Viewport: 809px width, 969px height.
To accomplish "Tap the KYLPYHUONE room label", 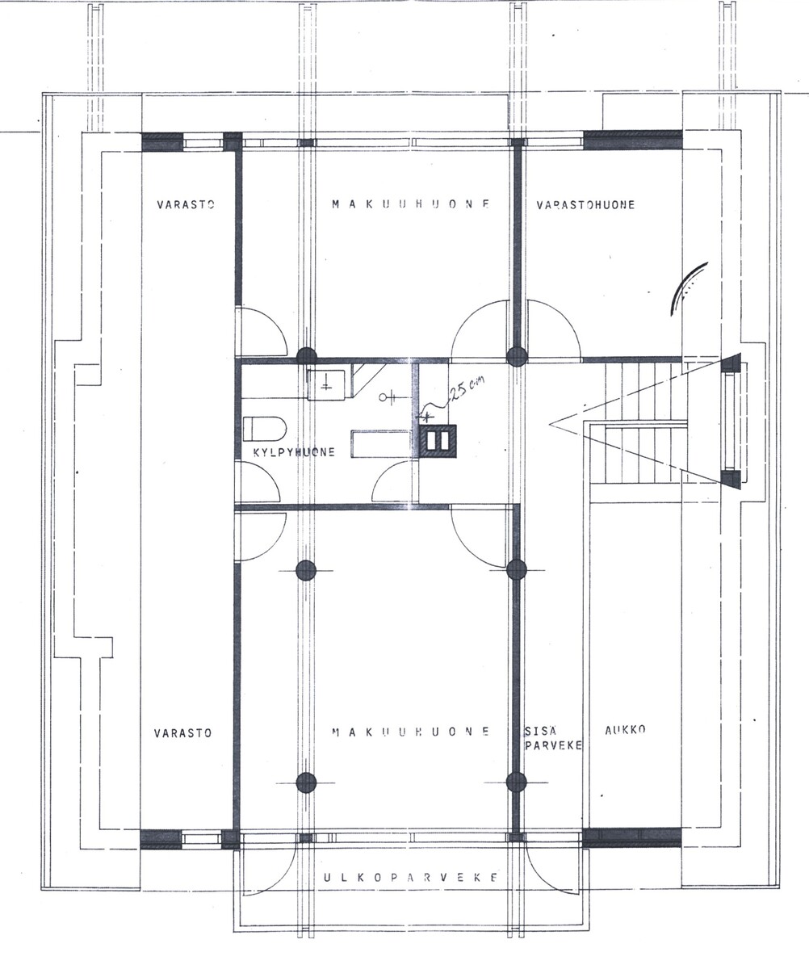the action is pyautogui.click(x=294, y=452).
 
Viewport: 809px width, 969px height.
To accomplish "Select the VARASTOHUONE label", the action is pyautogui.click(x=585, y=204).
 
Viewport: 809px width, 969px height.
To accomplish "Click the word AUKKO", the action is pyautogui.click(x=625, y=730).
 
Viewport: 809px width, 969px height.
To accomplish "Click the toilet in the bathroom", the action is pyautogui.click(x=265, y=429).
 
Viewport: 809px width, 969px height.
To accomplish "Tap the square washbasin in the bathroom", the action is pyautogui.click(x=326, y=384).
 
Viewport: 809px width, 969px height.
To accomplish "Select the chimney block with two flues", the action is pyautogui.click(x=438, y=441).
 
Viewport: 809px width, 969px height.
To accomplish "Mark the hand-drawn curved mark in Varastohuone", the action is pyautogui.click(x=688, y=287).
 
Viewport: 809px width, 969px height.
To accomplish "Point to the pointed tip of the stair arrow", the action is pyautogui.click(x=550, y=424).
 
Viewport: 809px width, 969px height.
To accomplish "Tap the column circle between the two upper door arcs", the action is pyautogui.click(x=516, y=357).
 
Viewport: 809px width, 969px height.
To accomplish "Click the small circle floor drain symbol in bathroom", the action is pyautogui.click(x=383, y=397).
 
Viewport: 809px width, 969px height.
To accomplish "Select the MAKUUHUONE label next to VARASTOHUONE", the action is pyautogui.click(x=411, y=204).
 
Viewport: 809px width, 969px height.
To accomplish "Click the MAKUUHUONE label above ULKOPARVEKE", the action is pyautogui.click(x=411, y=732).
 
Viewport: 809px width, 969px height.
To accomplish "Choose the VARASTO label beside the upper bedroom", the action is pyautogui.click(x=185, y=204).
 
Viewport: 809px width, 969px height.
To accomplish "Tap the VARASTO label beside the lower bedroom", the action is pyautogui.click(x=182, y=733).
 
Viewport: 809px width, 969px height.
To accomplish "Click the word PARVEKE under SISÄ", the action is pyautogui.click(x=553, y=745).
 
